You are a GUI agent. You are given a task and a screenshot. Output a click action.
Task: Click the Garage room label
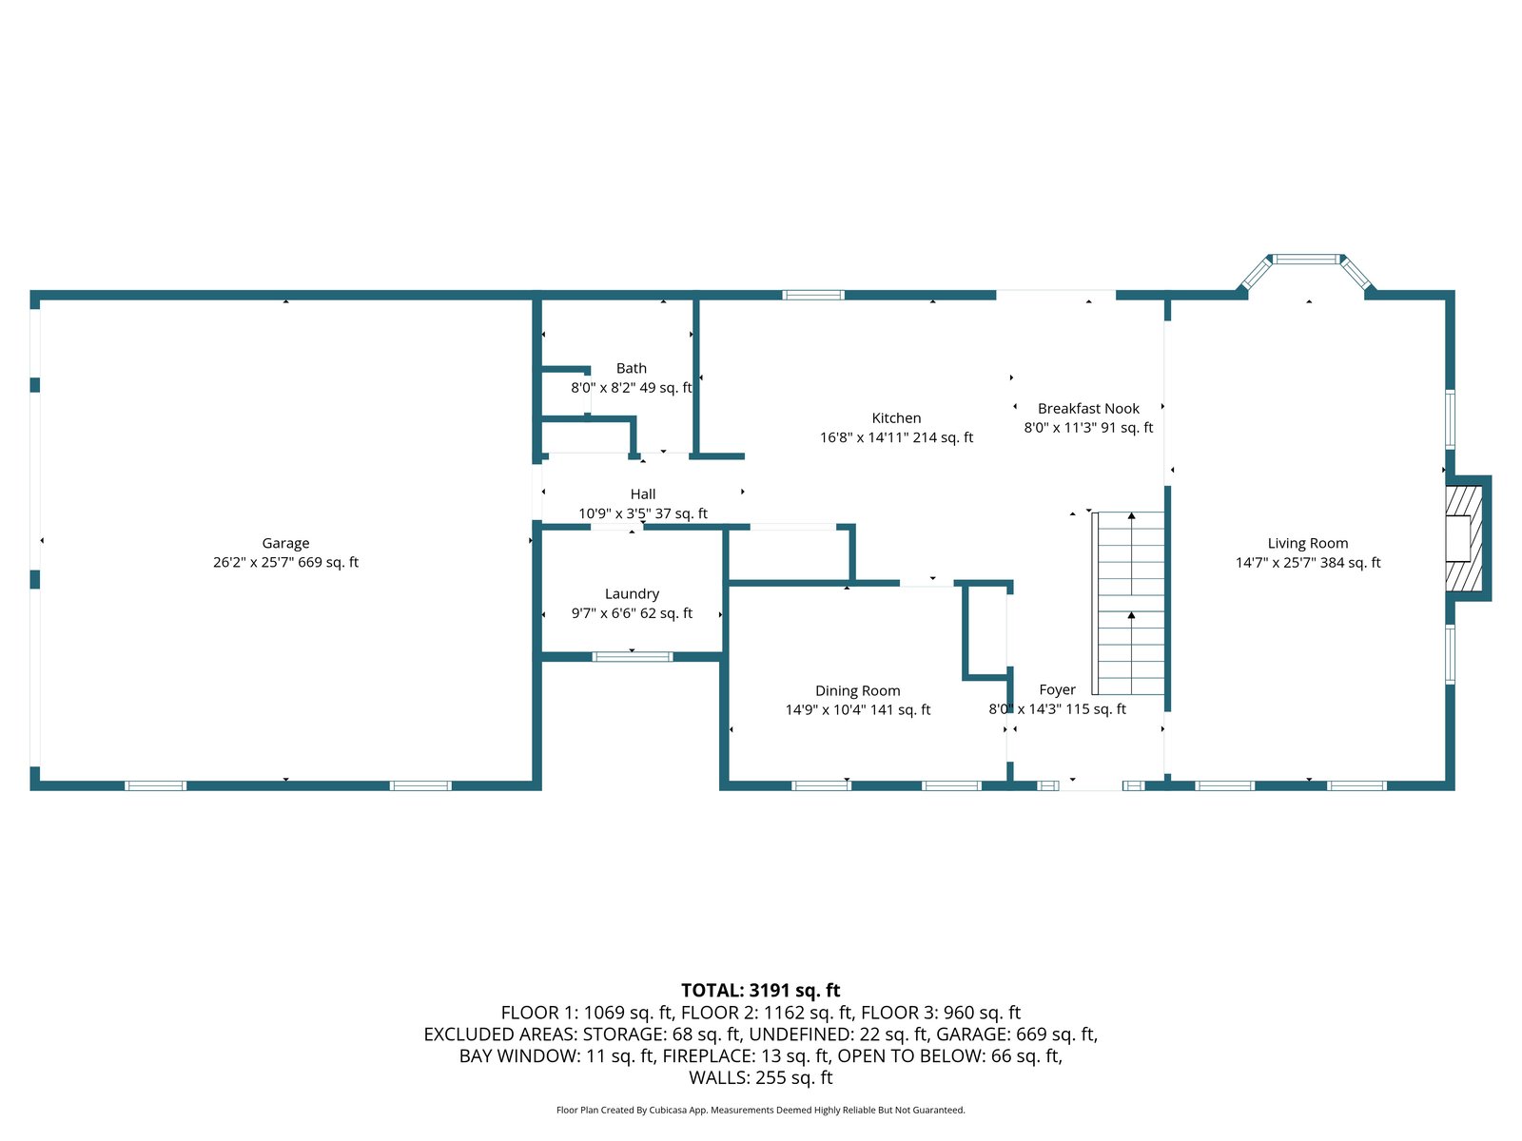click(285, 544)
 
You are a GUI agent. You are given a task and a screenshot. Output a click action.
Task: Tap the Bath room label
click(631, 369)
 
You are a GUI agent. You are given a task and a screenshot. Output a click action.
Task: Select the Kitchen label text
click(896, 418)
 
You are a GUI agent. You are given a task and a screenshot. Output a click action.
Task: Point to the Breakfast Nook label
click(1088, 409)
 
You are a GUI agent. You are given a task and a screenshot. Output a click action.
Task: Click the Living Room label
click(1307, 544)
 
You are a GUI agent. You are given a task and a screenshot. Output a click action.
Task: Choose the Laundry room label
click(632, 594)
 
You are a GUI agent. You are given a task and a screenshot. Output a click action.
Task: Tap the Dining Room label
click(857, 691)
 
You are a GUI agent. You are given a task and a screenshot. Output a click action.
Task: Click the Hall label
click(643, 494)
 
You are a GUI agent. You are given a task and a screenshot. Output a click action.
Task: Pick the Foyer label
click(1057, 690)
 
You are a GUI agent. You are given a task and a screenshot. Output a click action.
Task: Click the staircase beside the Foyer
click(1131, 604)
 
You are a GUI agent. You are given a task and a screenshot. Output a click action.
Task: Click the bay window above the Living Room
click(1307, 260)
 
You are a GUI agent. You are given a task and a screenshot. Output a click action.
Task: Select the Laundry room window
click(633, 657)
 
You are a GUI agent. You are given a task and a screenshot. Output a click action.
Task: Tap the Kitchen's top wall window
click(813, 296)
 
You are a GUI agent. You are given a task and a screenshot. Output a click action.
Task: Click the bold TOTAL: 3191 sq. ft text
click(761, 991)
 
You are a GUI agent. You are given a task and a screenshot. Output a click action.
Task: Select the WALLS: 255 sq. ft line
click(761, 1078)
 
